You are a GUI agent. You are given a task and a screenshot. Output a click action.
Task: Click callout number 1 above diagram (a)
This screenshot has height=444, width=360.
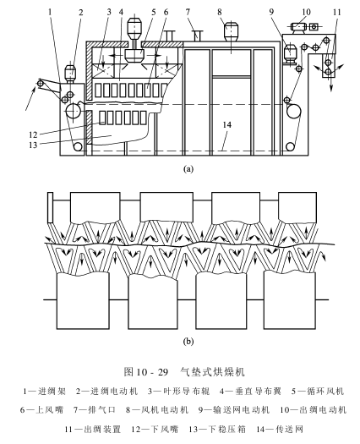click(51, 12)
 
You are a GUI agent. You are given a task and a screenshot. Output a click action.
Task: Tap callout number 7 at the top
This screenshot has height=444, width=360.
click(188, 12)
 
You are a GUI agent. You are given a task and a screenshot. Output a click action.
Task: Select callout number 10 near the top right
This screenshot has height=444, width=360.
click(306, 12)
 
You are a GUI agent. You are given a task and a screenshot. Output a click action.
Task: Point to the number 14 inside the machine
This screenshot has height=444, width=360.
click(227, 124)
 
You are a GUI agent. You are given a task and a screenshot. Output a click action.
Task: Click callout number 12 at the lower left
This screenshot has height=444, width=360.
click(33, 134)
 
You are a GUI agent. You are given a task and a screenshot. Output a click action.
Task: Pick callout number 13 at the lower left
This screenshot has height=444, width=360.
click(33, 145)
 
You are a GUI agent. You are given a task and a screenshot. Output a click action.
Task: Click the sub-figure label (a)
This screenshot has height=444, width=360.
click(188, 169)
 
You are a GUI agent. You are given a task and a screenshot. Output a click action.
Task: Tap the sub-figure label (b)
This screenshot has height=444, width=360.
click(188, 341)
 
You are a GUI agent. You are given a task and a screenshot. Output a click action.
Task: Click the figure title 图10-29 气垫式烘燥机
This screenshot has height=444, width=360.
click(184, 371)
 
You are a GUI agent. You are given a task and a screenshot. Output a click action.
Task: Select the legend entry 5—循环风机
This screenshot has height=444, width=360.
click(318, 392)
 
